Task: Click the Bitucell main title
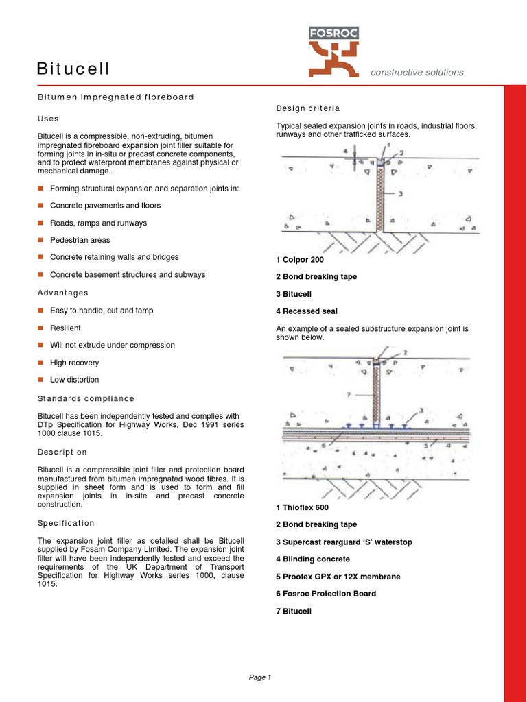point(73,69)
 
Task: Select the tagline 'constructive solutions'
point(417,73)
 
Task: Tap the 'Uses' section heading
point(48,119)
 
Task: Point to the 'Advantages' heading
point(62,293)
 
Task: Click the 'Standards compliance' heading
point(86,399)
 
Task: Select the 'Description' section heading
point(62,452)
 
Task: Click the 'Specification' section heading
point(66,523)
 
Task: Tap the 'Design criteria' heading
point(307,108)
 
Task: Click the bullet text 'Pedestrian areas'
point(80,241)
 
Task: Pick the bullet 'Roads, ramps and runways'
point(98,223)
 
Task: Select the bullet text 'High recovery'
point(74,363)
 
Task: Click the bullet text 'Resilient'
point(65,328)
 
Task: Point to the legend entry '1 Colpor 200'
point(299,260)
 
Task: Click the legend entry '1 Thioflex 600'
point(302,508)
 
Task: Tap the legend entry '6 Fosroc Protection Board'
point(325,594)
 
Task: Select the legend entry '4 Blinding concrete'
point(312,559)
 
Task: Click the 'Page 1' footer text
point(260,678)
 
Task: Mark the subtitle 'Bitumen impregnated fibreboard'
point(115,97)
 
